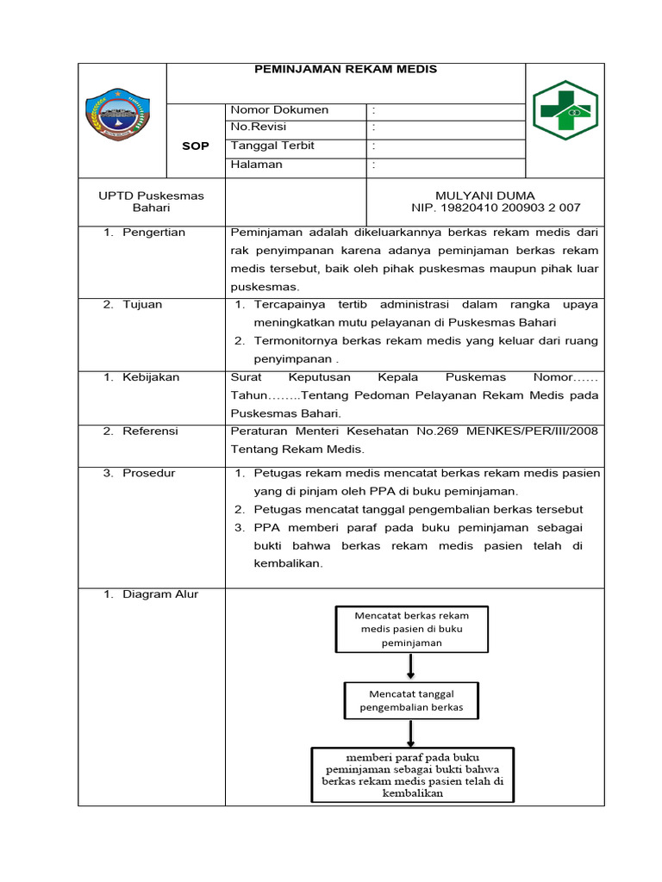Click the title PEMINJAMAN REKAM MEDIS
pos(345,70)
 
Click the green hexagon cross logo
pos(565,109)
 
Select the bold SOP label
pos(195,146)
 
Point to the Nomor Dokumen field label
pos(279,110)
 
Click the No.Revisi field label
pos(258,127)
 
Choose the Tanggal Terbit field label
pos(272,146)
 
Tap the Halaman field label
pos(256,165)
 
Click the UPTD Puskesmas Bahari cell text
pos(151,202)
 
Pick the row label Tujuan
pos(142,305)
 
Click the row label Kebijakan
pos(152,377)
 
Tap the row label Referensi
pos(150,432)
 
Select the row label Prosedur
pos(148,474)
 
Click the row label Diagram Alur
pos(160,594)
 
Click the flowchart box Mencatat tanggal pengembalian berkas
pos(410,700)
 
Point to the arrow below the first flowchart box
pos(410,666)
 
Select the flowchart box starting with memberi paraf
pos(412,775)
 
